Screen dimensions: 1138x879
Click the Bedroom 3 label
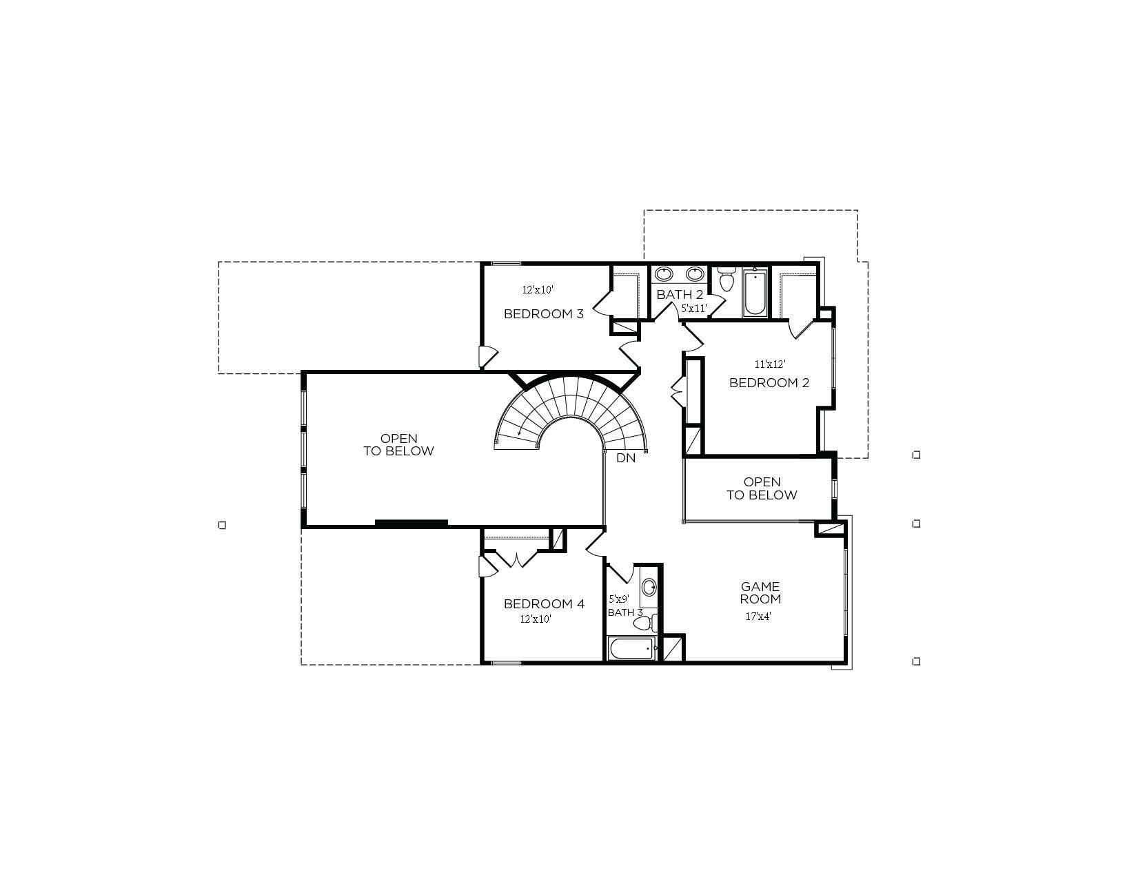pyautogui.click(x=544, y=314)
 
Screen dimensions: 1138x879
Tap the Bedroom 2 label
pyautogui.click(x=769, y=383)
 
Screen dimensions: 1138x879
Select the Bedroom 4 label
pyautogui.click(x=544, y=603)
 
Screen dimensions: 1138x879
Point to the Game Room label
pyautogui.click(x=760, y=593)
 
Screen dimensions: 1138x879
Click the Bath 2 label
pyautogui.click(x=680, y=295)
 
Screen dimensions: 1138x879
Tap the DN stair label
pyautogui.click(x=626, y=458)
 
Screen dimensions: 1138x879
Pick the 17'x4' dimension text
pyautogui.click(x=758, y=617)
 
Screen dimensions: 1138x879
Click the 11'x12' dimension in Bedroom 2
pyautogui.click(x=770, y=364)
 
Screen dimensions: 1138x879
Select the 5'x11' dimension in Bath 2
pyautogui.click(x=694, y=309)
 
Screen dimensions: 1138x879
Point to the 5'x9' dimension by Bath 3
pyautogui.click(x=619, y=599)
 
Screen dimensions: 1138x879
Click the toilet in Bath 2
pyautogui.click(x=727, y=280)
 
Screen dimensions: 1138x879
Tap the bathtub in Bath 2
pyautogui.click(x=755, y=292)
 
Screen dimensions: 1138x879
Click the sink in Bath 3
pyautogui.click(x=649, y=587)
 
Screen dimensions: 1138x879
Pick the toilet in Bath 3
pyautogui.click(x=645, y=623)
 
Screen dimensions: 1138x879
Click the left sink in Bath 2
pyautogui.click(x=664, y=273)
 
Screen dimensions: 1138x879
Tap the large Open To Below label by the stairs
pyautogui.click(x=399, y=445)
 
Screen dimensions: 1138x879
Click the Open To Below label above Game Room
pyautogui.click(x=762, y=488)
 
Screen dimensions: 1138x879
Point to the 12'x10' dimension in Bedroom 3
pyautogui.click(x=538, y=289)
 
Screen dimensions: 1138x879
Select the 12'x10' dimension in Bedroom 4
pyautogui.click(x=536, y=619)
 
